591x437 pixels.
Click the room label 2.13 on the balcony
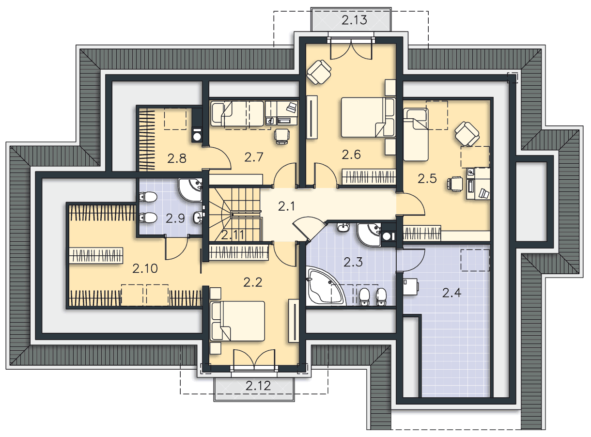click(354, 20)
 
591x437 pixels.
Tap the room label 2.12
click(258, 386)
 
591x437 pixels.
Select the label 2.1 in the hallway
click(286, 206)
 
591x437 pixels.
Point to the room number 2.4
click(451, 293)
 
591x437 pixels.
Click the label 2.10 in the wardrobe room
click(145, 268)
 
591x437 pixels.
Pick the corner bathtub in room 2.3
click(326, 287)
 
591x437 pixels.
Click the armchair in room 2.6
click(319, 72)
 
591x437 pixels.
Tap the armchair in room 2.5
click(467, 134)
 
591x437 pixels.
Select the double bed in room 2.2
click(237, 321)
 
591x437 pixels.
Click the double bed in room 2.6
click(368, 117)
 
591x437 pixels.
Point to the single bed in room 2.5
click(416, 135)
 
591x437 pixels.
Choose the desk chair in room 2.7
click(282, 137)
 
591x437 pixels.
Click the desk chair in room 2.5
click(455, 184)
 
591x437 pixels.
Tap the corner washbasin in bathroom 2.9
click(190, 190)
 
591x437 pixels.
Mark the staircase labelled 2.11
click(234, 215)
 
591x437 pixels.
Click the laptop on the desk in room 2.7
click(292, 107)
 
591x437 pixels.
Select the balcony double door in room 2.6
click(351, 49)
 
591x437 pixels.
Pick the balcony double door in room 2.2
click(254, 359)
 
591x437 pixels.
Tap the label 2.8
click(177, 159)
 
